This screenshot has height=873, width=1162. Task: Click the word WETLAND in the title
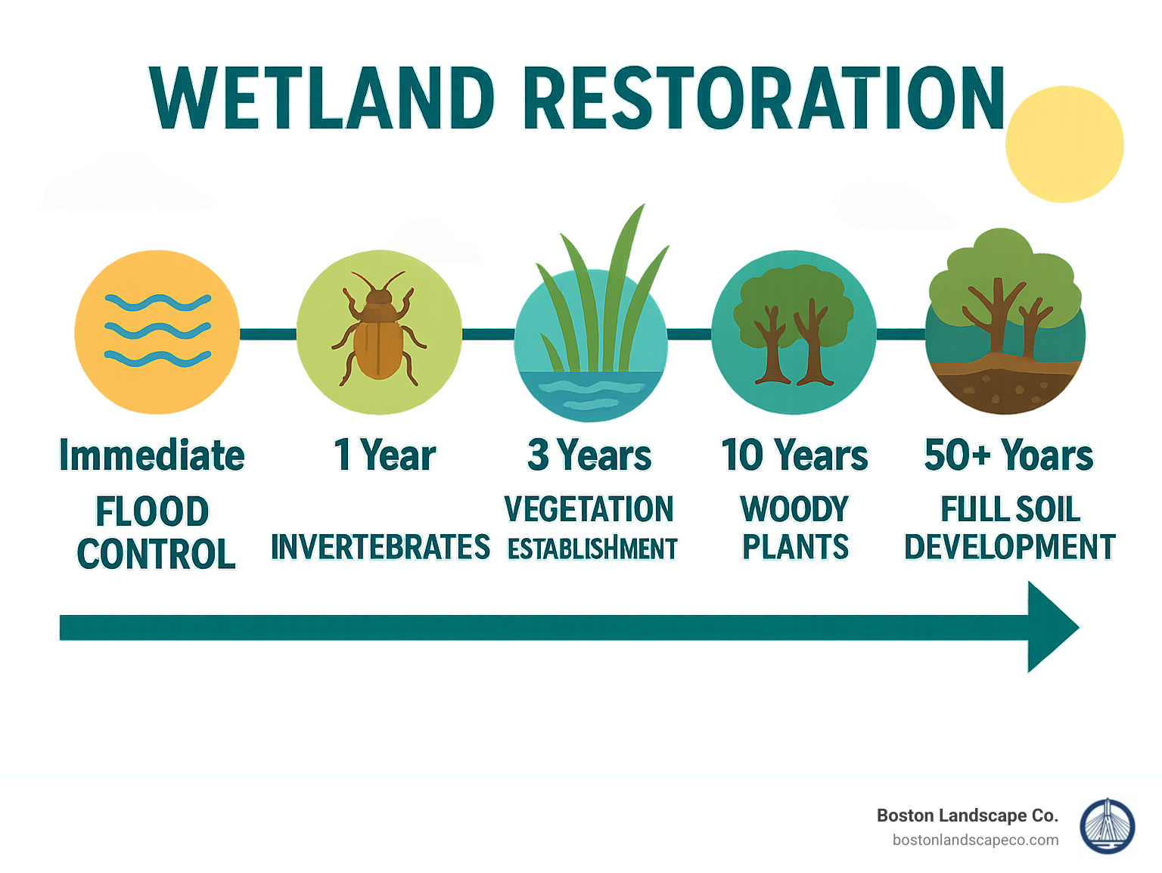(x=322, y=98)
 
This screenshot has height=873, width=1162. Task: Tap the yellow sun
(x=1064, y=144)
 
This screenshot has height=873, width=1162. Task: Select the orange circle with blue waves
(x=157, y=332)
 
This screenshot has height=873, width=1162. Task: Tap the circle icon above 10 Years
(x=794, y=332)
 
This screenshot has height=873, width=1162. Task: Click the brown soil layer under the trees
(x=1005, y=386)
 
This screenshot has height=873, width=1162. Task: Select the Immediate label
(x=152, y=455)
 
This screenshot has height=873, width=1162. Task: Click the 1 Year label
(x=384, y=455)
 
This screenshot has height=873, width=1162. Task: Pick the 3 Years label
(x=589, y=455)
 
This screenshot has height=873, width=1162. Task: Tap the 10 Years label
(x=794, y=455)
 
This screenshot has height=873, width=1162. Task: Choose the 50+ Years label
(x=1008, y=455)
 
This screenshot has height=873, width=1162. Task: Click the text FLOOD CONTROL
(x=155, y=533)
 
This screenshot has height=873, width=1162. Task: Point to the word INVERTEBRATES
(x=380, y=547)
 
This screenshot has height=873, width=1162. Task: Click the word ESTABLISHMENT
(x=592, y=549)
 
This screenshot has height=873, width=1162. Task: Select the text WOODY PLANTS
(x=795, y=528)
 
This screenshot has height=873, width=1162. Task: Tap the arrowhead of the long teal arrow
(x=1052, y=627)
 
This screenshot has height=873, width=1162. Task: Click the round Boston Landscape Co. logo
(x=1107, y=827)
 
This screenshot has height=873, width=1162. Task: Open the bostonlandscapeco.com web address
(x=975, y=840)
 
